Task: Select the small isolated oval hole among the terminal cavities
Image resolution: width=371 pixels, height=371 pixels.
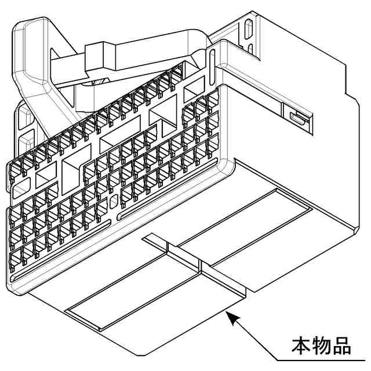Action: pyautogui.click(x=114, y=202)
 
